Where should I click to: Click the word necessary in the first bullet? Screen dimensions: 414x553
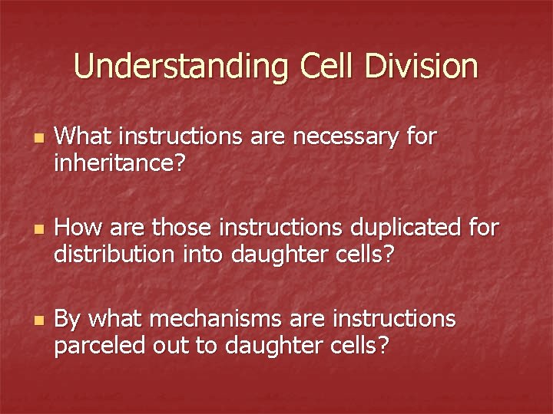click(347, 138)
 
